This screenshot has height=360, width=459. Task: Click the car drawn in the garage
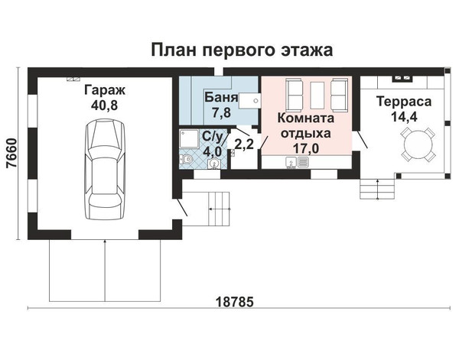pyautogui.click(x=106, y=169)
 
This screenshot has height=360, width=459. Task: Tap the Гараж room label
pyautogui.click(x=105, y=90)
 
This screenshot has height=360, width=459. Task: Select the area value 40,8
pyautogui.click(x=105, y=105)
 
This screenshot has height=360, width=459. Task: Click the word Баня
pyautogui.click(x=221, y=97)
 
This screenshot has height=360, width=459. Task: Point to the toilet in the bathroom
pyautogui.click(x=187, y=160)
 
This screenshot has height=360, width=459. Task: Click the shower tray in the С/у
pyautogui.click(x=189, y=139)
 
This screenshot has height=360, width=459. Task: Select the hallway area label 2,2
pyautogui.click(x=244, y=144)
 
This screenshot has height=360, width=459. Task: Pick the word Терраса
pyautogui.click(x=404, y=102)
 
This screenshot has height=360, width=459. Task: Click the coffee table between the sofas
pyautogui.click(x=317, y=95)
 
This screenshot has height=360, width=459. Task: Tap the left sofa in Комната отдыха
pyautogui.click(x=295, y=95)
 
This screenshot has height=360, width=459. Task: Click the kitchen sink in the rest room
pyautogui.click(x=291, y=163)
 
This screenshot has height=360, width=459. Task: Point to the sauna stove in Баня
pyautogui.click(x=249, y=101)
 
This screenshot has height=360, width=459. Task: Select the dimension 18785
pyautogui.click(x=234, y=302)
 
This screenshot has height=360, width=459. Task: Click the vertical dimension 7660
pyautogui.click(x=12, y=153)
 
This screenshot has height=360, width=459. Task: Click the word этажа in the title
pyautogui.click(x=307, y=50)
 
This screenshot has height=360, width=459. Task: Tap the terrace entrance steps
pyautogui.click(x=378, y=189)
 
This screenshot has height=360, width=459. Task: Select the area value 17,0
pyautogui.click(x=306, y=148)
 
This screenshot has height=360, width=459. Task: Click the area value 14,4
pyautogui.click(x=404, y=117)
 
